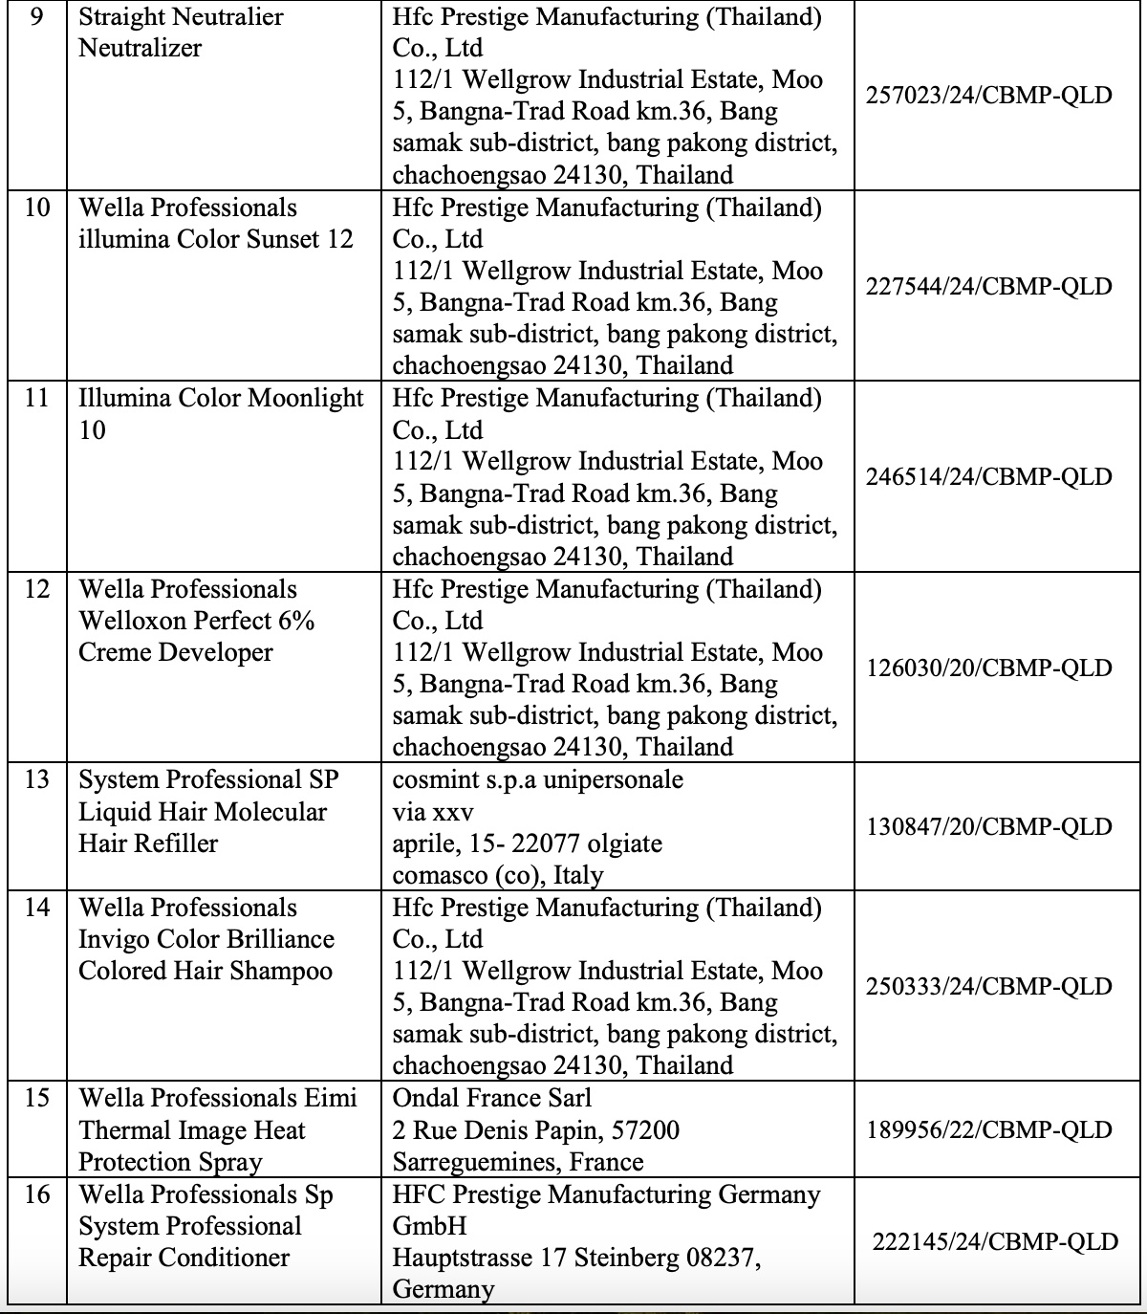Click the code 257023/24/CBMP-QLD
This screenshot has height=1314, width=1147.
(x=988, y=96)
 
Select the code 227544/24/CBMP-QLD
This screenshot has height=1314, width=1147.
(x=988, y=286)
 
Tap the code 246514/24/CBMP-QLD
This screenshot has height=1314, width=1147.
(x=988, y=476)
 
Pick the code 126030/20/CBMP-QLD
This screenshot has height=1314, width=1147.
(x=988, y=668)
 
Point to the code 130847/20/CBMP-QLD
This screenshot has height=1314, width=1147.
(x=988, y=826)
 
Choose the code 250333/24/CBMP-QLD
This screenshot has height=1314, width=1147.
(x=988, y=986)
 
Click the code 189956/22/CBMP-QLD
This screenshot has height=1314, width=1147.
(x=988, y=1129)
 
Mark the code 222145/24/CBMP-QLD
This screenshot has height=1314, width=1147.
(x=994, y=1241)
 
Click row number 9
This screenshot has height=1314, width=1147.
(x=36, y=17)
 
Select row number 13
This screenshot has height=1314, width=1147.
(x=36, y=779)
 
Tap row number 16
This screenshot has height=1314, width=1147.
(x=36, y=1194)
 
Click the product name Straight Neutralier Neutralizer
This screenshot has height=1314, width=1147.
(x=181, y=33)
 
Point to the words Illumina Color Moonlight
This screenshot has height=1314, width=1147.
(x=221, y=398)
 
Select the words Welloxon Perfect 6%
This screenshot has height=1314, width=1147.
(x=196, y=621)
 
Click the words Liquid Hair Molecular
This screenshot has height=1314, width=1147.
(x=202, y=812)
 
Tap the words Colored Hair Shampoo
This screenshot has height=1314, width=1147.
(x=205, y=971)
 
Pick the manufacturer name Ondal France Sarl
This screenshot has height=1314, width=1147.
(x=491, y=1098)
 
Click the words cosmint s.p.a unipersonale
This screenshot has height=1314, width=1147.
(x=537, y=779)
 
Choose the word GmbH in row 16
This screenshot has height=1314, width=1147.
(x=429, y=1226)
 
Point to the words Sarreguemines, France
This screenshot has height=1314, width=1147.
(x=517, y=1162)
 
